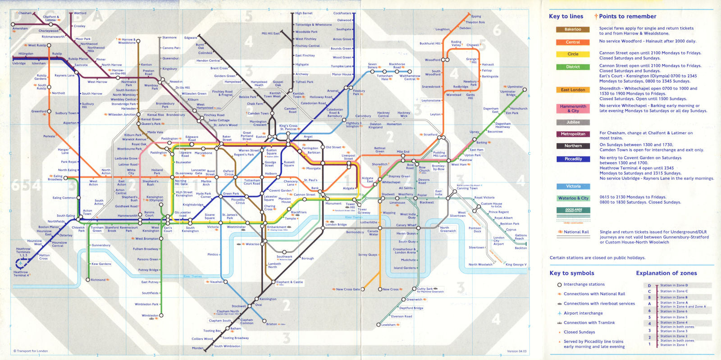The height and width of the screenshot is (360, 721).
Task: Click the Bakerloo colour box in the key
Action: [573, 29]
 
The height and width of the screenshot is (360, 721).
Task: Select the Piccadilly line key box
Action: [573, 159]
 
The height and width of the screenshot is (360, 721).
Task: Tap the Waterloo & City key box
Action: [573, 198]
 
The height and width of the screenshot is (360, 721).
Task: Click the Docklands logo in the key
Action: [573, 210]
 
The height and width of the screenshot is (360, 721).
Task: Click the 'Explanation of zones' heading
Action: [666, 273]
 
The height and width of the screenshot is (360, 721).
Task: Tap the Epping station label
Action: [476, 16]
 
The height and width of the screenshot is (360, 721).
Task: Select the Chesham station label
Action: [25, 13]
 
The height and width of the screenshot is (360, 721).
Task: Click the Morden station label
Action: [197, 348]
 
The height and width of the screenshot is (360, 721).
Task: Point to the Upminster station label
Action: [515, 87]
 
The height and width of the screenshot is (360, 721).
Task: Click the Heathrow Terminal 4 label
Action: [21, 273]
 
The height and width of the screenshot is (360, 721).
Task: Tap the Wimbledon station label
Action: [150, 315]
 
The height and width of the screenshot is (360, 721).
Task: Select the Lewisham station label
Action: [388, 324]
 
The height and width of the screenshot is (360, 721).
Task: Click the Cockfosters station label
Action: [342, 13]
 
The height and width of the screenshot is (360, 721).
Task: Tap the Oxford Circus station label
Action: [228, 173]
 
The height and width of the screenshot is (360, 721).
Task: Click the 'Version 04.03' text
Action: [516, 351]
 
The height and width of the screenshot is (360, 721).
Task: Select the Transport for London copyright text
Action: [31, 351]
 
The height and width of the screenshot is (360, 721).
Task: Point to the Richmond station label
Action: [98, 280]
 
